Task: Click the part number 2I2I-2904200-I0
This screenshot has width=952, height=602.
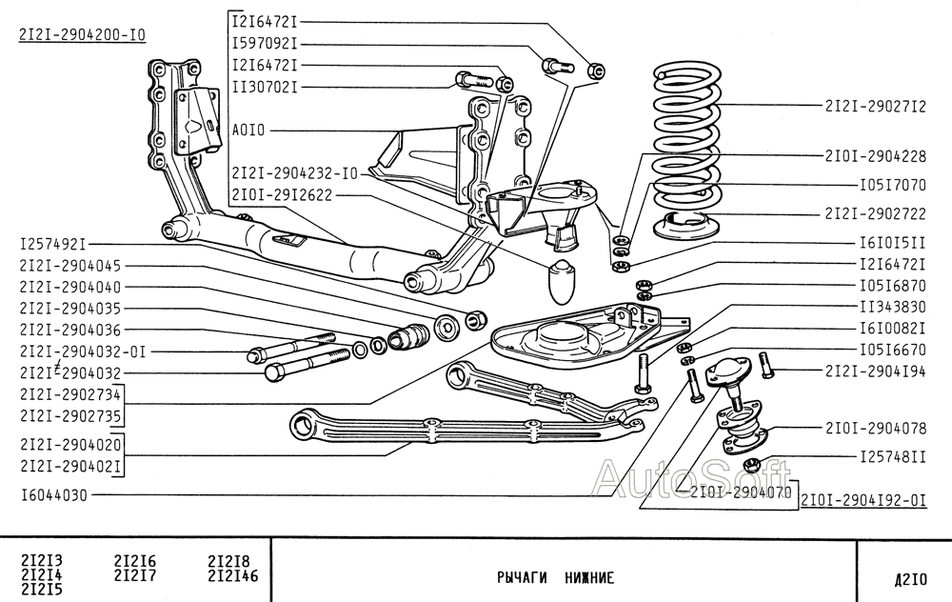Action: tap(82, 35)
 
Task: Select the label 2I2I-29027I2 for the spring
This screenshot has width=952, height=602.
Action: tap(875, 107)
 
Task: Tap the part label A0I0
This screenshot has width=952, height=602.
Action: tap(248, 130)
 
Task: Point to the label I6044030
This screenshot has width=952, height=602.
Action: tap(53, 495)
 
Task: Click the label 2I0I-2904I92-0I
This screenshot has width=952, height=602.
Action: tap(863, 498)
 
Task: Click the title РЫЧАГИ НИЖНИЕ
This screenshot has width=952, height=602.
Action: tap(555, 577)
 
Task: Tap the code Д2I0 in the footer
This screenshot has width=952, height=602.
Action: tap(904, 577)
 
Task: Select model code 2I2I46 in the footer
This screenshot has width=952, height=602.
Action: tap(232, 575)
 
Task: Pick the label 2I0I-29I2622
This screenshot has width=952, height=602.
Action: tap(282, 195)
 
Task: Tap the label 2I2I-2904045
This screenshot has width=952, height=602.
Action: tap(69, 266)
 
